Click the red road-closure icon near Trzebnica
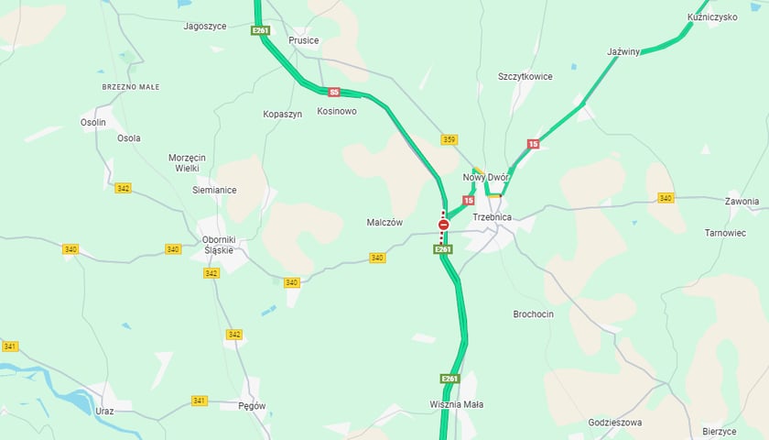point(443,225)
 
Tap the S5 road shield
point(334,92)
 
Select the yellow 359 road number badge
point(449,139)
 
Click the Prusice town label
point(304,40)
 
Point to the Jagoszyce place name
point(205,27)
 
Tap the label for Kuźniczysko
point(713,17)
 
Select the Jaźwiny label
point(623,52)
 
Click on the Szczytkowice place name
point(525,77)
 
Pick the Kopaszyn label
point(282,114)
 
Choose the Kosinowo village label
point(336,112)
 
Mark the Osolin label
point(93,122)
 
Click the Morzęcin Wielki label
point(188,163)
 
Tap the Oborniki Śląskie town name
point(218,245)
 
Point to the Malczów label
point(385,222)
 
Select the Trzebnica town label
point(492,217)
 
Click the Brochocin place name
point(533,313)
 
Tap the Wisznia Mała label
point(456,404)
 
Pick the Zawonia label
point(742,201)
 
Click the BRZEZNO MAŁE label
point(131,86)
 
